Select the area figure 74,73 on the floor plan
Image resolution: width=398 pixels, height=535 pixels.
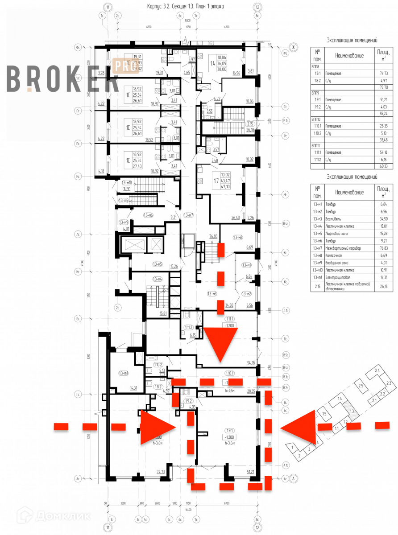161,471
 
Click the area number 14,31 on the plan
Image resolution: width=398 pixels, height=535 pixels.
133,388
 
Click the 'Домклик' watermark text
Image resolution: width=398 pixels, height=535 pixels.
56,516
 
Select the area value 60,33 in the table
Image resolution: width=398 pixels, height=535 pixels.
382,165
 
